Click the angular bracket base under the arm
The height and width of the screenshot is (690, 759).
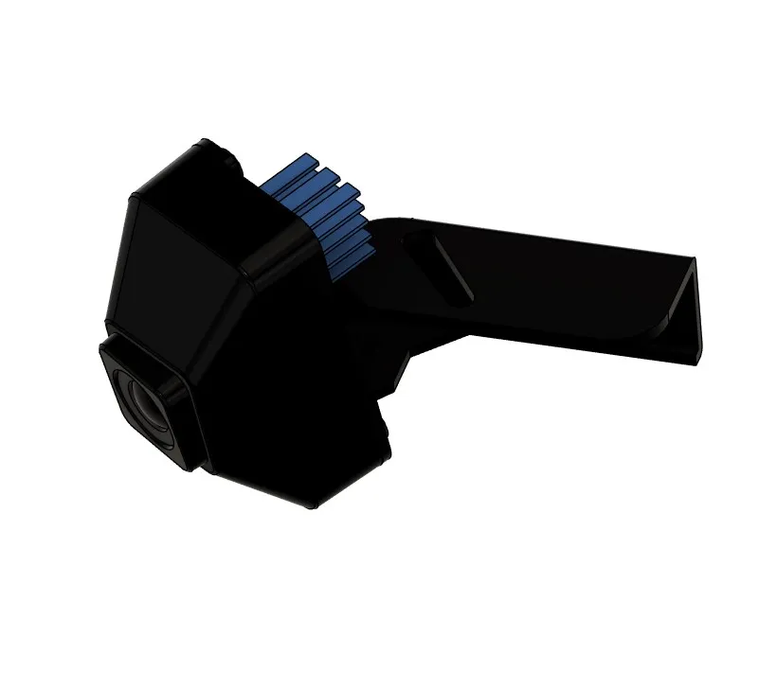[389, 350]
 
